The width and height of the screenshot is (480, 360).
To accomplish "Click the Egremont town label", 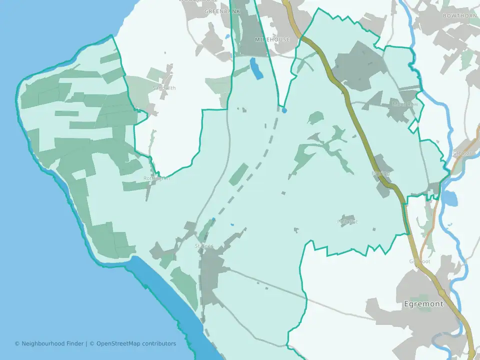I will pyautogui.click(x=423, y=303).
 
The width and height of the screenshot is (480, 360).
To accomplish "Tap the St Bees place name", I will pyautogui.click(x=204, y=246).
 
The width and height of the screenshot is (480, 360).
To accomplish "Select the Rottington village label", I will pyautogui.click(x=156, y=178).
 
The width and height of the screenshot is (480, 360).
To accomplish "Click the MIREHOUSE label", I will pyautogui.click(x=272, y=39).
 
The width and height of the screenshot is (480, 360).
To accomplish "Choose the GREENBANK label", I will pyautogui.click(x=222, y=11).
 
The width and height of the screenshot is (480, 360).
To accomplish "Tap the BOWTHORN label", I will pyautogui.click(x=460, y=16).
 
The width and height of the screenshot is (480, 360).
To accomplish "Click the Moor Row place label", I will pyautogui.click(x=404, y=104).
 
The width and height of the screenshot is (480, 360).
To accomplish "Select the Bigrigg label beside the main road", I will pyautogui.click(x=380, y=173).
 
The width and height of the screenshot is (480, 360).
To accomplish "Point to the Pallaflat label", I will pyautogui.click(x=347, y=221).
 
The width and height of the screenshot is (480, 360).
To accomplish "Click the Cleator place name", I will pyautogui.click(x=461, y=153).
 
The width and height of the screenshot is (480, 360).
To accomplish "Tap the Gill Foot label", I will pyautogui.click(x=419, y=261).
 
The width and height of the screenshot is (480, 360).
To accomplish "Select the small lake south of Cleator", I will pyautogui.click(x=449, y=198).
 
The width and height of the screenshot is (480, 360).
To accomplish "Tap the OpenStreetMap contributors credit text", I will pyautogui.click(x=136, y=343).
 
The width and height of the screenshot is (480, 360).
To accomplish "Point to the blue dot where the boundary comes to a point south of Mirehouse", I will pyautogui.click(x=284, y=110).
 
